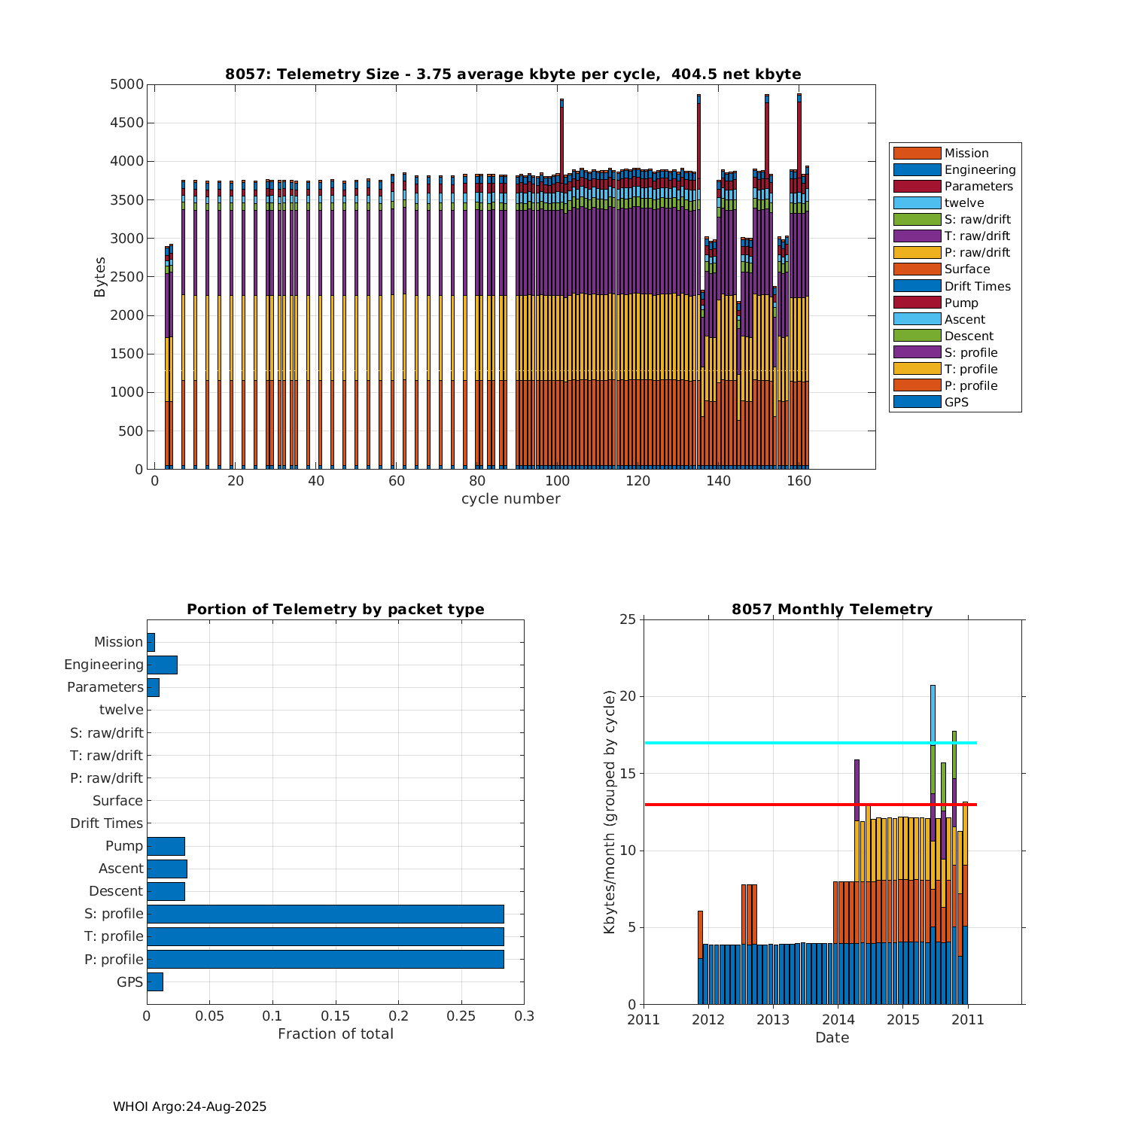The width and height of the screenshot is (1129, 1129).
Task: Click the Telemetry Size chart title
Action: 513,74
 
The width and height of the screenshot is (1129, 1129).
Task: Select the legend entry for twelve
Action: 964,202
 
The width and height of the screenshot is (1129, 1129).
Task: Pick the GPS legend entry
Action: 956,402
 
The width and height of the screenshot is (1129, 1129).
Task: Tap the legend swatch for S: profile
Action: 917,352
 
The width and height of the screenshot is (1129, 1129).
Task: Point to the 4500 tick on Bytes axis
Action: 126,123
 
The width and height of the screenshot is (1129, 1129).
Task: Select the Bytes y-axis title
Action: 100,277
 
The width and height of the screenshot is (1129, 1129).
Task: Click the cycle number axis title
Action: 510,499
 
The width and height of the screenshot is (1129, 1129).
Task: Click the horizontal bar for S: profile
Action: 325,914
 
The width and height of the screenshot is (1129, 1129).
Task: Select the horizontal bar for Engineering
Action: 162,665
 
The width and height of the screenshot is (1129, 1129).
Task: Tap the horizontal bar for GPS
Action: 154,981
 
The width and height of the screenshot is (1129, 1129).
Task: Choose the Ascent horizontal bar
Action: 166,869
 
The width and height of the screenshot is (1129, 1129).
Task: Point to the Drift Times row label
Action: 106,823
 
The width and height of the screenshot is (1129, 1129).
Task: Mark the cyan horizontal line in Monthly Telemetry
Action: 753,743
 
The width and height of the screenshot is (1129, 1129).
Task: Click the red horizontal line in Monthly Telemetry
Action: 753,805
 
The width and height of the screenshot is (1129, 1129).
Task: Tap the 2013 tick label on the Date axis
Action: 773,1020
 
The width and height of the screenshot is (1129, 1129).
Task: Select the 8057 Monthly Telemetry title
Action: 832,610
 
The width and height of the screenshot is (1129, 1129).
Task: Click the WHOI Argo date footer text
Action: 190,1106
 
